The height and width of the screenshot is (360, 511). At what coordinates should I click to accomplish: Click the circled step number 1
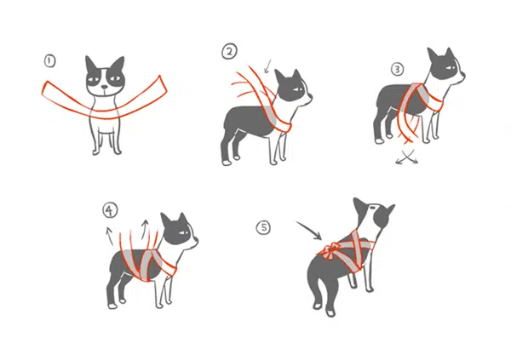[50, 61]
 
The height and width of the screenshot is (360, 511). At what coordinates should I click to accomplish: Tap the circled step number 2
[229, 52]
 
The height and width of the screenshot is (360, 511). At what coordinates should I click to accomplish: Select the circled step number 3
[397, 69]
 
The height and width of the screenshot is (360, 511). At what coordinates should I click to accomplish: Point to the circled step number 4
[110, 210]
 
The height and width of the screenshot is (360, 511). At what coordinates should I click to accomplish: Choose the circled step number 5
[263, 227]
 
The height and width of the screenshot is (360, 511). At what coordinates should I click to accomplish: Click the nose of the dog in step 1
[104, 87]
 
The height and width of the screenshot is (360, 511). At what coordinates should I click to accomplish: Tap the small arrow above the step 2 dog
[267, 66]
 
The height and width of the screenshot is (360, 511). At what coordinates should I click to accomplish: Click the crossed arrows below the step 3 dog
[407, 157]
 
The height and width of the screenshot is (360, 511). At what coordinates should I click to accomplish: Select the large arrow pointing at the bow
[310, 230]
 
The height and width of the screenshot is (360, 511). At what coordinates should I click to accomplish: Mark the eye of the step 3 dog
[451, 68]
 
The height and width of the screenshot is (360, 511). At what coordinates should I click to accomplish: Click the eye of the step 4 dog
[183, 232]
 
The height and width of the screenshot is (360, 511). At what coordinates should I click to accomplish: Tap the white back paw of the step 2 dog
[227, 162]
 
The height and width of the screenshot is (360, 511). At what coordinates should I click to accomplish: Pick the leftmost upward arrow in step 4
[110, 237]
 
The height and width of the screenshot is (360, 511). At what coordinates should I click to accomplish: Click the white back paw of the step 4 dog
[112, 306]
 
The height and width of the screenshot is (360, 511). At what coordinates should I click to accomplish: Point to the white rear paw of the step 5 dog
[330, 313]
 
